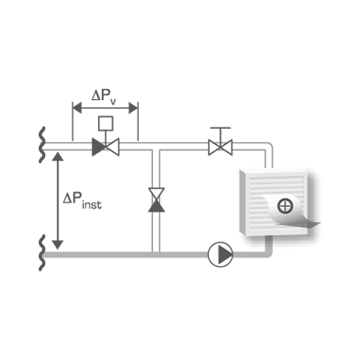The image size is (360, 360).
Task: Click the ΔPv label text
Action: tap(103, 96)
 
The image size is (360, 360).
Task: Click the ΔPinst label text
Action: tap(82, 200)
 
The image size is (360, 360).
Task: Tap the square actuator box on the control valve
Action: tap(105, 123)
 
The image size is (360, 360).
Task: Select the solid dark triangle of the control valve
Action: tap(98, 147)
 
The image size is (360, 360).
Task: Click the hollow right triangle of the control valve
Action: tap(112, 147)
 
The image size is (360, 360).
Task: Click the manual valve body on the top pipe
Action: tap(220, 147)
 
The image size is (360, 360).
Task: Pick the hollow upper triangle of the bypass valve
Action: tap(157, 194)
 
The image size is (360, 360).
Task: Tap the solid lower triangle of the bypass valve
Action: tap(157, 207)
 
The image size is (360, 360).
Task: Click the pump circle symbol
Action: tap(220, 255)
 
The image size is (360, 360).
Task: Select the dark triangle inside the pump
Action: tap(224, 255)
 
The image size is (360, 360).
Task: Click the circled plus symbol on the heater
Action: tap(285, 206)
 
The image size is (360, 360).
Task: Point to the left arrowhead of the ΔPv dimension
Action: tap(77, 108)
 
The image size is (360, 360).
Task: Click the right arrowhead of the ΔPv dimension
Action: tap(133, 108)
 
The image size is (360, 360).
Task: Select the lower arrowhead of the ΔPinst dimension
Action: tap(58, 245)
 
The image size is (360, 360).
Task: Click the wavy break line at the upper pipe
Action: tap(42, 145)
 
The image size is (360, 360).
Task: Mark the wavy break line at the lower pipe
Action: tap(42, 253)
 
